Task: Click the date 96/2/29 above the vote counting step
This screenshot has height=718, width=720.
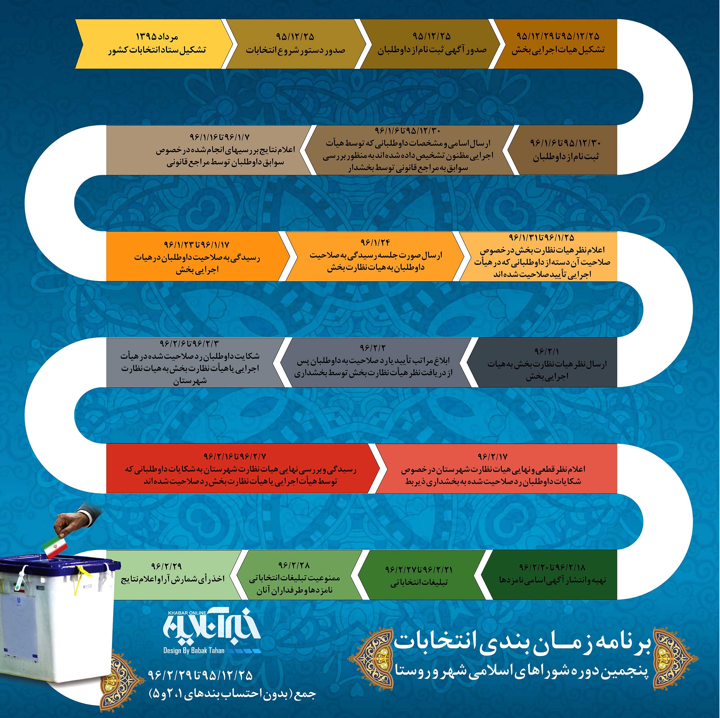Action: coord(166,566)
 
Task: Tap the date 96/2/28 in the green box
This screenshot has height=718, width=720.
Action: coord(294,565)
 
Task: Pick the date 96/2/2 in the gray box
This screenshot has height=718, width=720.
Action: coord(372,348)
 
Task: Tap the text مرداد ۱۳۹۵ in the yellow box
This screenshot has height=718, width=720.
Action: coord(157,37)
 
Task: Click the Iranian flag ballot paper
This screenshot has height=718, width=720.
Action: coord(55,547)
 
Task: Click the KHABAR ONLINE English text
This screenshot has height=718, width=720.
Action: coord(187,613)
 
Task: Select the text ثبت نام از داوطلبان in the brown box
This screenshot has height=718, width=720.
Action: coord(565,156)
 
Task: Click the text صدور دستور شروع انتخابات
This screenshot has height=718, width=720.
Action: coord(295,50)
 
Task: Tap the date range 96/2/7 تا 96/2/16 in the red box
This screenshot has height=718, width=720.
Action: coord(234,456)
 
